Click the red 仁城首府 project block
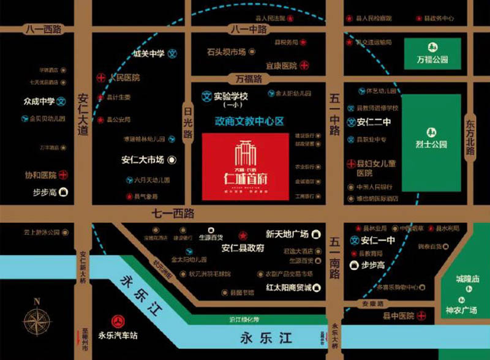(x=245, y=165)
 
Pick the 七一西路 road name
(x=173, y=213)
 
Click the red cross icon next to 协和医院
(x=62, y=174)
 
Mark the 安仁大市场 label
(x=143, y=160)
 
